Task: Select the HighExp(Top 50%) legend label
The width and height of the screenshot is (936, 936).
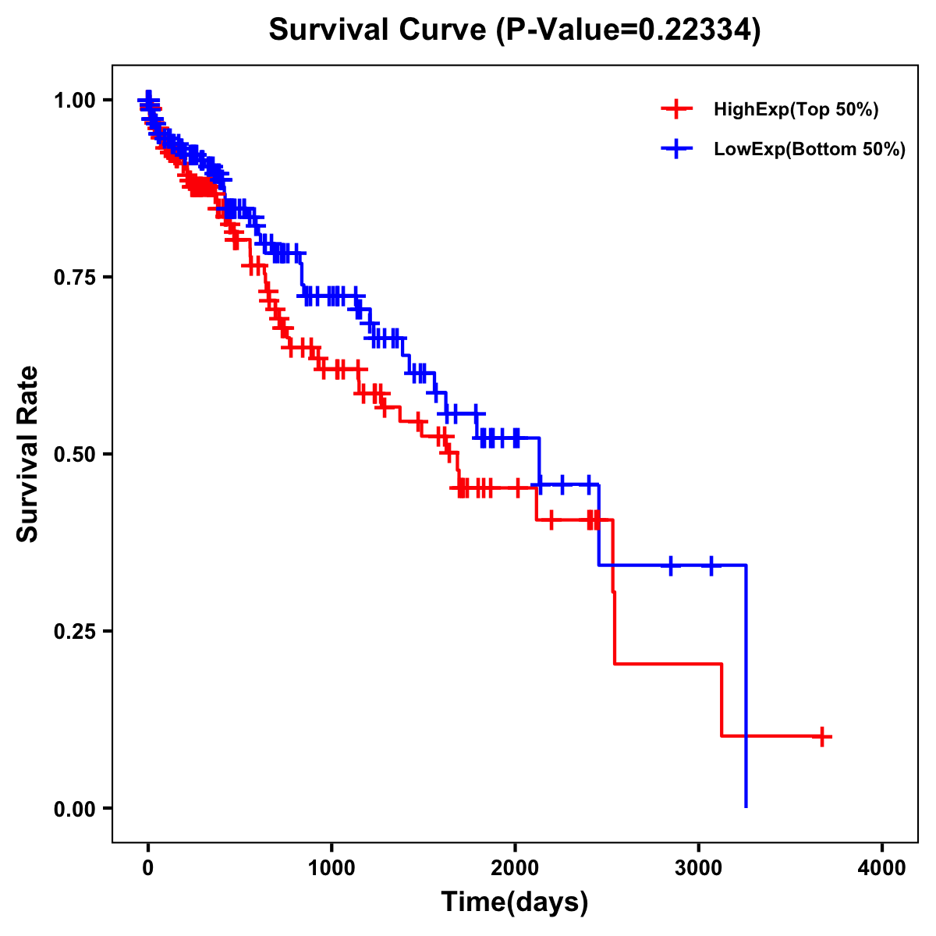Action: click(x=796, y=110)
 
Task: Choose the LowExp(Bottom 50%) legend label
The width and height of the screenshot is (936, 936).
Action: click(x=810, y=150)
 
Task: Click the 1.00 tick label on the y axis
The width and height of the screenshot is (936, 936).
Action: click(x=75, y=100)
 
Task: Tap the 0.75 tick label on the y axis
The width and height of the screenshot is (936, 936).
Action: click(x=75, y=277)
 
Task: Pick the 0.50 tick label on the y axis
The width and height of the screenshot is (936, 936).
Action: click(x=75, y=454)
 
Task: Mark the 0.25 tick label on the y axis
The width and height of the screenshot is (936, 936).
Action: click(x=75, y=631)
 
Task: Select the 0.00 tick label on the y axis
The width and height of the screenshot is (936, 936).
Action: click(x=75, y=808)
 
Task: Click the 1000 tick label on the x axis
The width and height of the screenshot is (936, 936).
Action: click(x=331, y=869)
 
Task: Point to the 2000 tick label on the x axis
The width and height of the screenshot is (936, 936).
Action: click(x=515, y=869)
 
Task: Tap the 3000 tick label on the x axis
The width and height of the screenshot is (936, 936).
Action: click(x=699, y=869)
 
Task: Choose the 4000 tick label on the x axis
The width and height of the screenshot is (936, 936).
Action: click(x=882, y=869)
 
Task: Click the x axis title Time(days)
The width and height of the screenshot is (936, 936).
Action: click(x=515, y=902)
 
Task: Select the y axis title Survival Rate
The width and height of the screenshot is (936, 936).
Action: click(x=28, y=454)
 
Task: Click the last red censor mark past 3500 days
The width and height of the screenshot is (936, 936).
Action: click(x=822, y=736)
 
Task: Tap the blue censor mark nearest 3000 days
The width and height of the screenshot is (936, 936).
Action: click(x=711, y=565)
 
